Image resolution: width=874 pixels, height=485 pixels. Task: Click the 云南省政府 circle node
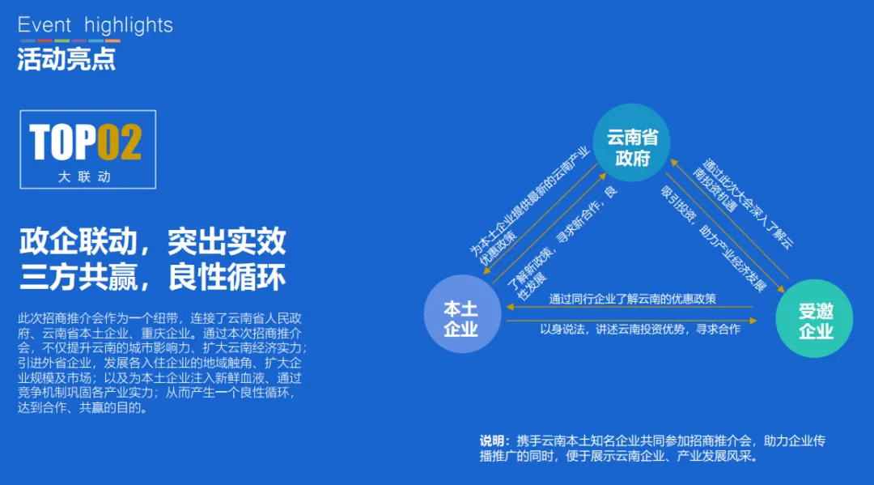click(632, 147)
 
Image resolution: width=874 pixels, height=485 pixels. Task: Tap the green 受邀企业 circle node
click(814, 319)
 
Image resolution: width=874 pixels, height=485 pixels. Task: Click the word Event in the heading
click(45, 25)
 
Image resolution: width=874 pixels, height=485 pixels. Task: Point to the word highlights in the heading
click(129, 25)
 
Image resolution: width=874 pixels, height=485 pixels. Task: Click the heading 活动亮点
click(66, 59)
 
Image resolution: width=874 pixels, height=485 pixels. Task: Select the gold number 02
click(120, 143)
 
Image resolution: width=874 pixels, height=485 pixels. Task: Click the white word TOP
click(63, 143)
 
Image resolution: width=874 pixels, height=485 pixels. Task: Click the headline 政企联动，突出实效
click(152, 241)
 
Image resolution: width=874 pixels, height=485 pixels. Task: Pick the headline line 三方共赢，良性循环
click(152, 277)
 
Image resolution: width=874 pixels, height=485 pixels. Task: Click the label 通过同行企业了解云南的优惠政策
click(632, 298)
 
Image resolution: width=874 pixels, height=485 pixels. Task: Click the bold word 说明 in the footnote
click(492, 441)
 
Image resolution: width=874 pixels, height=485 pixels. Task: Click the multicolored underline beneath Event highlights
click(70, 40)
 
